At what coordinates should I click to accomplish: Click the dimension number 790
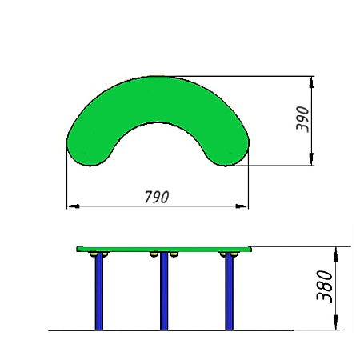point(157,197)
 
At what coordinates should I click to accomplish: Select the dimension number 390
point(302,119)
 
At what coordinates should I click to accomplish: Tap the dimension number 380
point(324,286)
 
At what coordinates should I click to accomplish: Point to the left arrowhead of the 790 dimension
point(73,206)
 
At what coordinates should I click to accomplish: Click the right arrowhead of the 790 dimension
point(242,206)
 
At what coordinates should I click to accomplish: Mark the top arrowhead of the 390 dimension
point(311,82)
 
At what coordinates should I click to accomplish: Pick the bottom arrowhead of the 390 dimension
point(311,159)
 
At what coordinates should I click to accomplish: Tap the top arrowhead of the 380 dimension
point(336,254)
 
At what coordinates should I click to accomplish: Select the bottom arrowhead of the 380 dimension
point(336,322)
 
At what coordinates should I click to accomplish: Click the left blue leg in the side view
point(99,291)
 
